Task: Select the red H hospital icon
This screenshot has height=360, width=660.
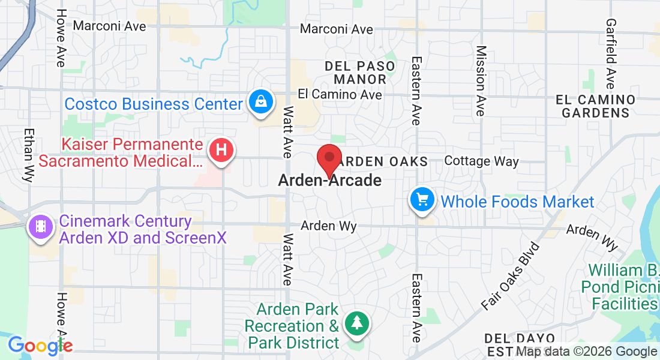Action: [x=221, y=150]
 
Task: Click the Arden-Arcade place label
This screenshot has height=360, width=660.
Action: [x=329, y=180]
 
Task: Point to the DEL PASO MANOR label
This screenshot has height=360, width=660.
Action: [x=360, y=73]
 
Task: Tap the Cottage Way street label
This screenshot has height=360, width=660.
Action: [x=481, y=161]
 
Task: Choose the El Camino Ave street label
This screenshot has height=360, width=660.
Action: [x=340, y=95]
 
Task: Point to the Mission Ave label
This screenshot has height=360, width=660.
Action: [x=481, y=80]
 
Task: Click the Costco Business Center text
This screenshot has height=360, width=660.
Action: [x=153, y=104]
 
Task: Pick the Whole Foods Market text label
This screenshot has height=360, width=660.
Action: [x=517, y=202]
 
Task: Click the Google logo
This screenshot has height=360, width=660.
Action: [x=40, y=345]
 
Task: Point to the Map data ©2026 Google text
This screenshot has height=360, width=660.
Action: [x=587, y=352]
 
